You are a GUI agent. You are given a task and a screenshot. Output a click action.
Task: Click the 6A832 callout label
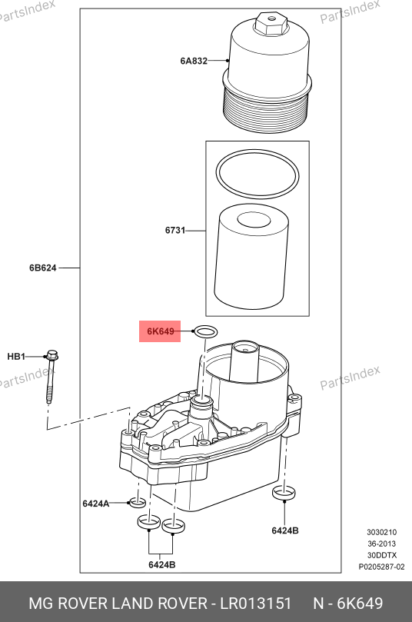pos(194,61)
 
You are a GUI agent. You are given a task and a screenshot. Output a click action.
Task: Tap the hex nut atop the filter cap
pos(271,23)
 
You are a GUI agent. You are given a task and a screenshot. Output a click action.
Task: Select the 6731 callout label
pos(175,230)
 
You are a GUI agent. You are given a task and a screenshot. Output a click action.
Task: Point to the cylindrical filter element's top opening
pos(254,219)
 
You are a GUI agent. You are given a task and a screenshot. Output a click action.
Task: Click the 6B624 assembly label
pos(43,268)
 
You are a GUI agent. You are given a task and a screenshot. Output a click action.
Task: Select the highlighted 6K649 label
pos(160,331)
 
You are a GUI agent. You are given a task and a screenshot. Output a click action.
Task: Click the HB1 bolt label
pos(16,357)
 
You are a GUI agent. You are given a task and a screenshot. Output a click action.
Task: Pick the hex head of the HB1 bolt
pos(52,354)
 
